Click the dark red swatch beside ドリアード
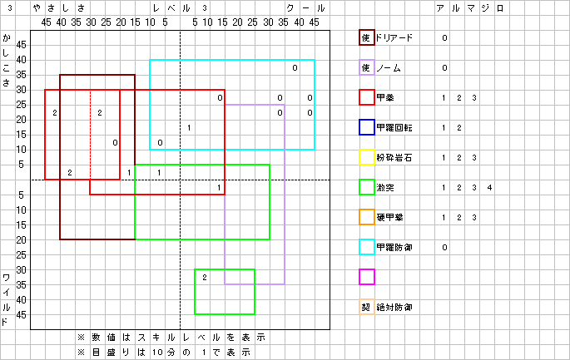[366, 37]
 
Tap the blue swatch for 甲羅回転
[366, 127]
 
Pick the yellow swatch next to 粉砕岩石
[366, 157]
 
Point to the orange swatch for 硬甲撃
[366, 217]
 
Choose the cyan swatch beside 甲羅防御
[366, 247]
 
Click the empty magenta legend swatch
[366, 277]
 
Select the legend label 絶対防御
[394, 307]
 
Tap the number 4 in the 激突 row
[490, 187]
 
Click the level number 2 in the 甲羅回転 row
[460, 127]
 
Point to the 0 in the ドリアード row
[445, 37]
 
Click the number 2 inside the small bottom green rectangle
[204, 277]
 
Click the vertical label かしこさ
[7, 60]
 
